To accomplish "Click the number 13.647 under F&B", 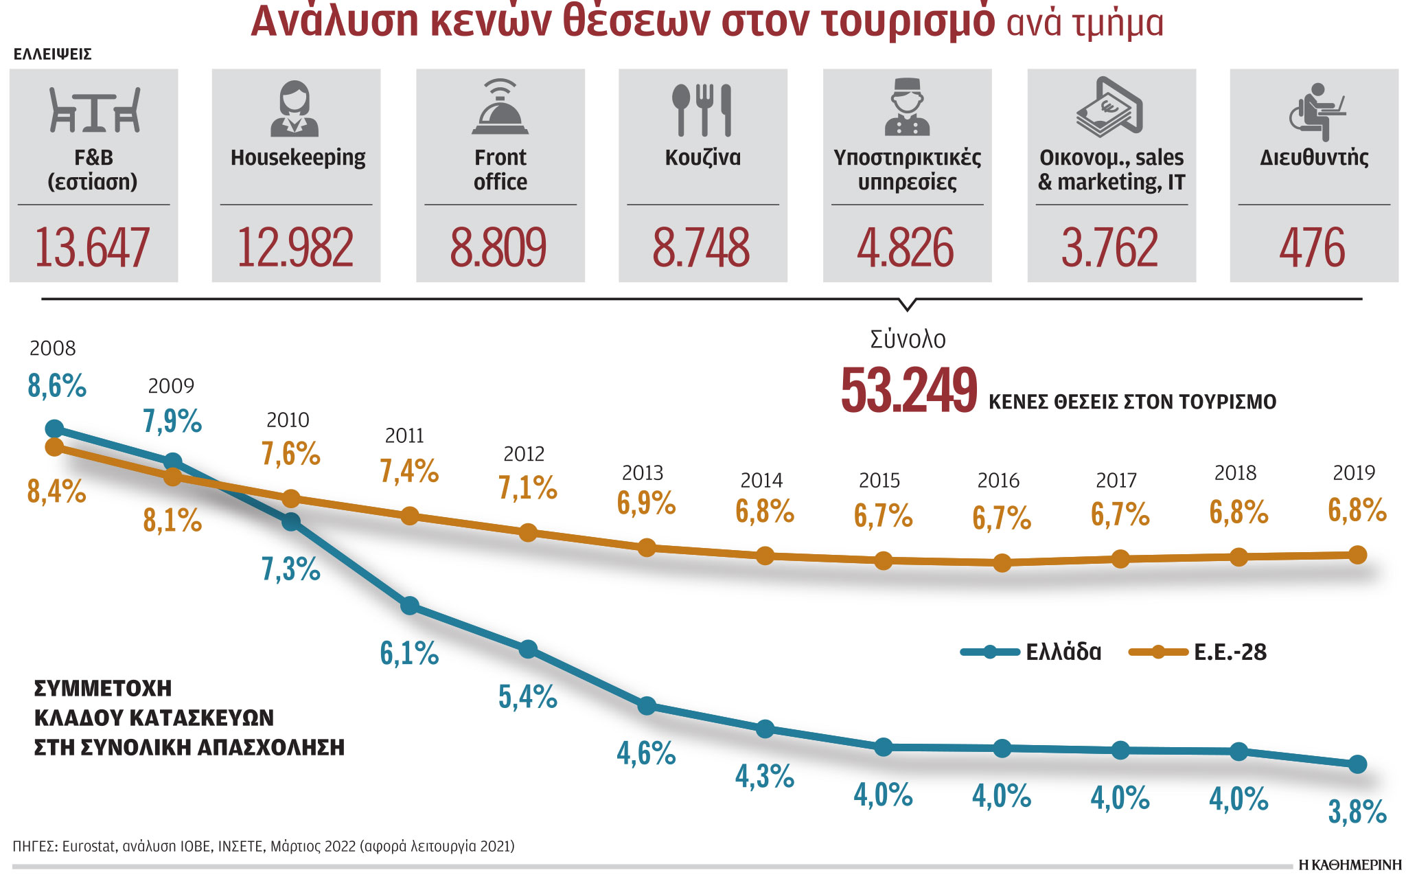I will pyautogui.click(x=92, y=248).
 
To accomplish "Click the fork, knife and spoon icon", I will pyautogui.click(x=702, y=110).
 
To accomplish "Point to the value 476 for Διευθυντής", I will pyautogui.click(x=1312, y=248).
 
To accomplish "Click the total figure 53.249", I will pyautogui.click(x=909, y=390).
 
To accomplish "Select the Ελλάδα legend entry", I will pyautogui.click(x=1031, y=652).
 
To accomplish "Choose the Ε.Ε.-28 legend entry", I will pyautogui.click(x=1199, y=652).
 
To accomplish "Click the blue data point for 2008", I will pyautogui.click(x=54, y=429).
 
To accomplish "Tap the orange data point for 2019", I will pyautogui.click(x=1357, y=555).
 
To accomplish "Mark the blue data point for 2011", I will pyautogui.click(x=410, y=606).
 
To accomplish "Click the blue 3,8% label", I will pyautogui.click(x=1357, y=812).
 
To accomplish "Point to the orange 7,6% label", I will pyautogui.click(x=290, y=454).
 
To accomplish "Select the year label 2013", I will pyautogui.click(x=643, y=473).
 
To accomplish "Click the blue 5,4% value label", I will pyautogui.click(x=527, y=697).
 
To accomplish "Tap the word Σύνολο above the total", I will pyautogui.click(x=908, y=339).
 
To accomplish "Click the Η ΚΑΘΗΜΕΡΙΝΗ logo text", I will pyautogui.click(x=1349, y=865).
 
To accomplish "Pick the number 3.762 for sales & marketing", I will pyautogui.click(x=1109, y=248).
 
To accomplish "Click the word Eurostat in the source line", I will pyautogui.click(x=89, y=846).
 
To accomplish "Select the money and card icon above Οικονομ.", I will pyautogui.click(x=1109, y=107).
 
